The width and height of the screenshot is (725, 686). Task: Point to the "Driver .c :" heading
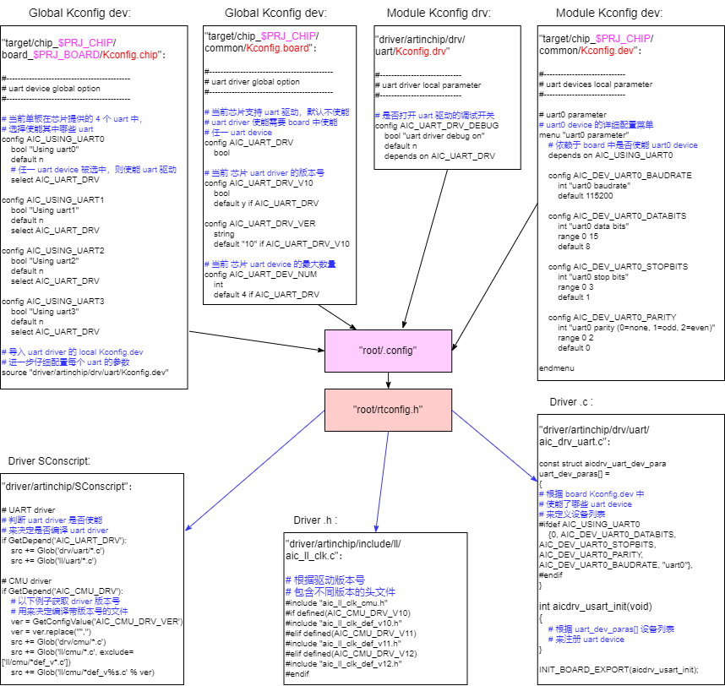tap(571, 401)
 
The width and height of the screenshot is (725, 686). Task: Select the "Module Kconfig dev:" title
tap(609, 14)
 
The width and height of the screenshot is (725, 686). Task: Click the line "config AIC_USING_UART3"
tap(53, 301)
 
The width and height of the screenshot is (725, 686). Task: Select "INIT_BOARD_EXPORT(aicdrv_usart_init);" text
tap(619, 669)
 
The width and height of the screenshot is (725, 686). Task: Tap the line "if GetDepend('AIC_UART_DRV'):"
tap(63, 541)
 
